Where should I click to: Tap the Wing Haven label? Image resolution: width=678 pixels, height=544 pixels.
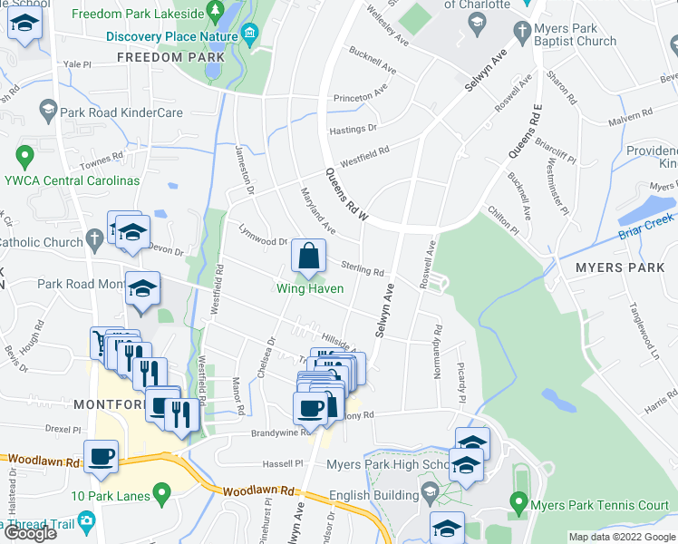pos(310,289)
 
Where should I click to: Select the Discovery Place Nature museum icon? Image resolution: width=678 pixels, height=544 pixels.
pos(250,35)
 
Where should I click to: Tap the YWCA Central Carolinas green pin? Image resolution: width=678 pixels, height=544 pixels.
pos(24,156)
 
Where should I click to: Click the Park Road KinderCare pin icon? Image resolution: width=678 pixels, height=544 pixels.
pos(47,112)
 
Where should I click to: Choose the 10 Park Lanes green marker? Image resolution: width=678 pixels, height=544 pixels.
pos(162,494)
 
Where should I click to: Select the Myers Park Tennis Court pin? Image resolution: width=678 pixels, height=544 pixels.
pos(518,500)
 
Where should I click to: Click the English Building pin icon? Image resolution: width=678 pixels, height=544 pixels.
pos(431,495)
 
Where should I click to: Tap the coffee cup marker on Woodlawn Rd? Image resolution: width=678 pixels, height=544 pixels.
pos(101,457)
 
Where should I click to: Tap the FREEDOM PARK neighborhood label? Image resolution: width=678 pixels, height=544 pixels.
pos(169,57)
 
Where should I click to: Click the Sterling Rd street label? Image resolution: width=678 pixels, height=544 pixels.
pos(363,269)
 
